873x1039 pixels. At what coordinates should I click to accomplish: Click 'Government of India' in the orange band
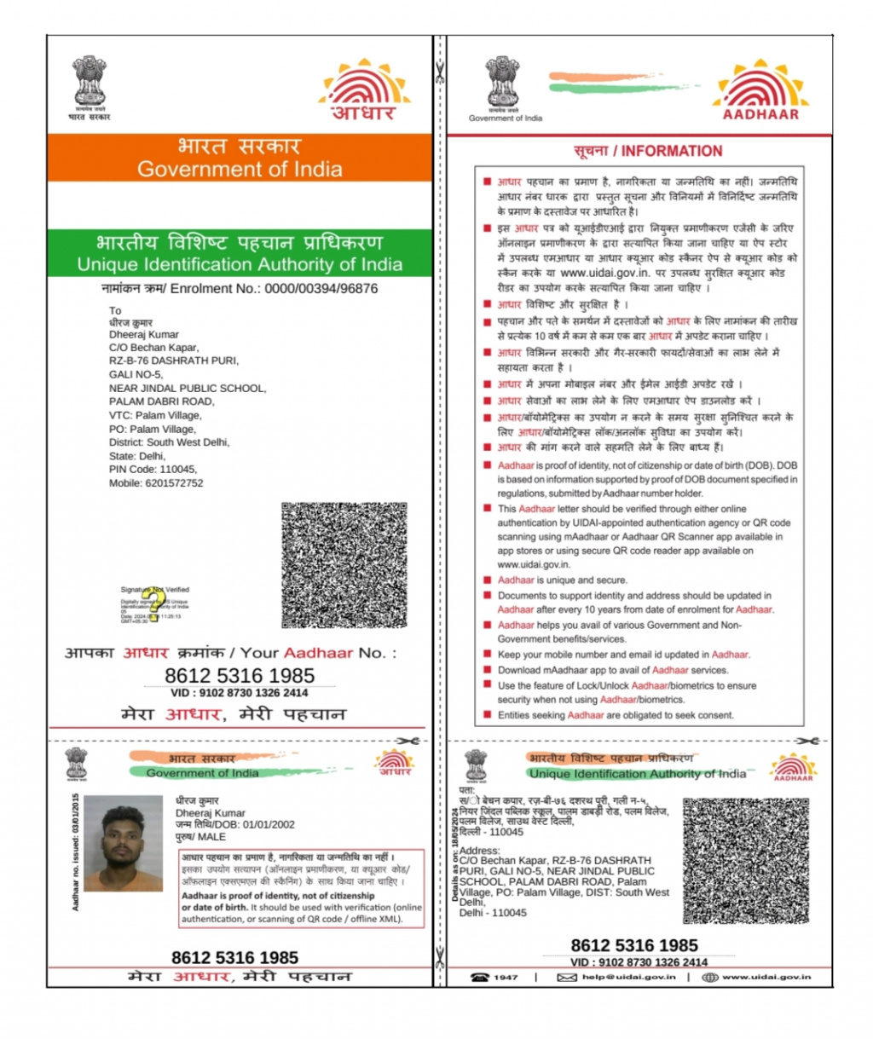(x=240, y=169)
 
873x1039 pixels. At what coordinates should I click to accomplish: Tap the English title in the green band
(x=240, y=264)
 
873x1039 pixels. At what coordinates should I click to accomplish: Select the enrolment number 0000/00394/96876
(x=321, y=288)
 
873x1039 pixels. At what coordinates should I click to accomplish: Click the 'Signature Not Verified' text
(x=154, y=589)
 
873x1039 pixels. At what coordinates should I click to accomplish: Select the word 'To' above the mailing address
(x=115, y=310)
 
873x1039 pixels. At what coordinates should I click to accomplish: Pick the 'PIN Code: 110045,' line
(x=153, y=469)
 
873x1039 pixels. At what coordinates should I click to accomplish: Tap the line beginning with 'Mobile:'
(x=156, y=482)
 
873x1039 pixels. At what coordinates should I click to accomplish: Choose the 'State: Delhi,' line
(x=137, y=455)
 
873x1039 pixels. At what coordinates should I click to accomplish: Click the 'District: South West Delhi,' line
(x=169, y=442)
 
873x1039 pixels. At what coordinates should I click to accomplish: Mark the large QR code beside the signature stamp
(x=344, y=564)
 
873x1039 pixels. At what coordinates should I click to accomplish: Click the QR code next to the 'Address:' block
(x=745, y=861)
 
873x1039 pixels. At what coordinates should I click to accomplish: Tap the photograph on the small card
(x=124, y=843)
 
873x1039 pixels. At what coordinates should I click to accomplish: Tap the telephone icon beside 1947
(x=480, y=977)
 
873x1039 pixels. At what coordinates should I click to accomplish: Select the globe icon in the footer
(x=709, y=977)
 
